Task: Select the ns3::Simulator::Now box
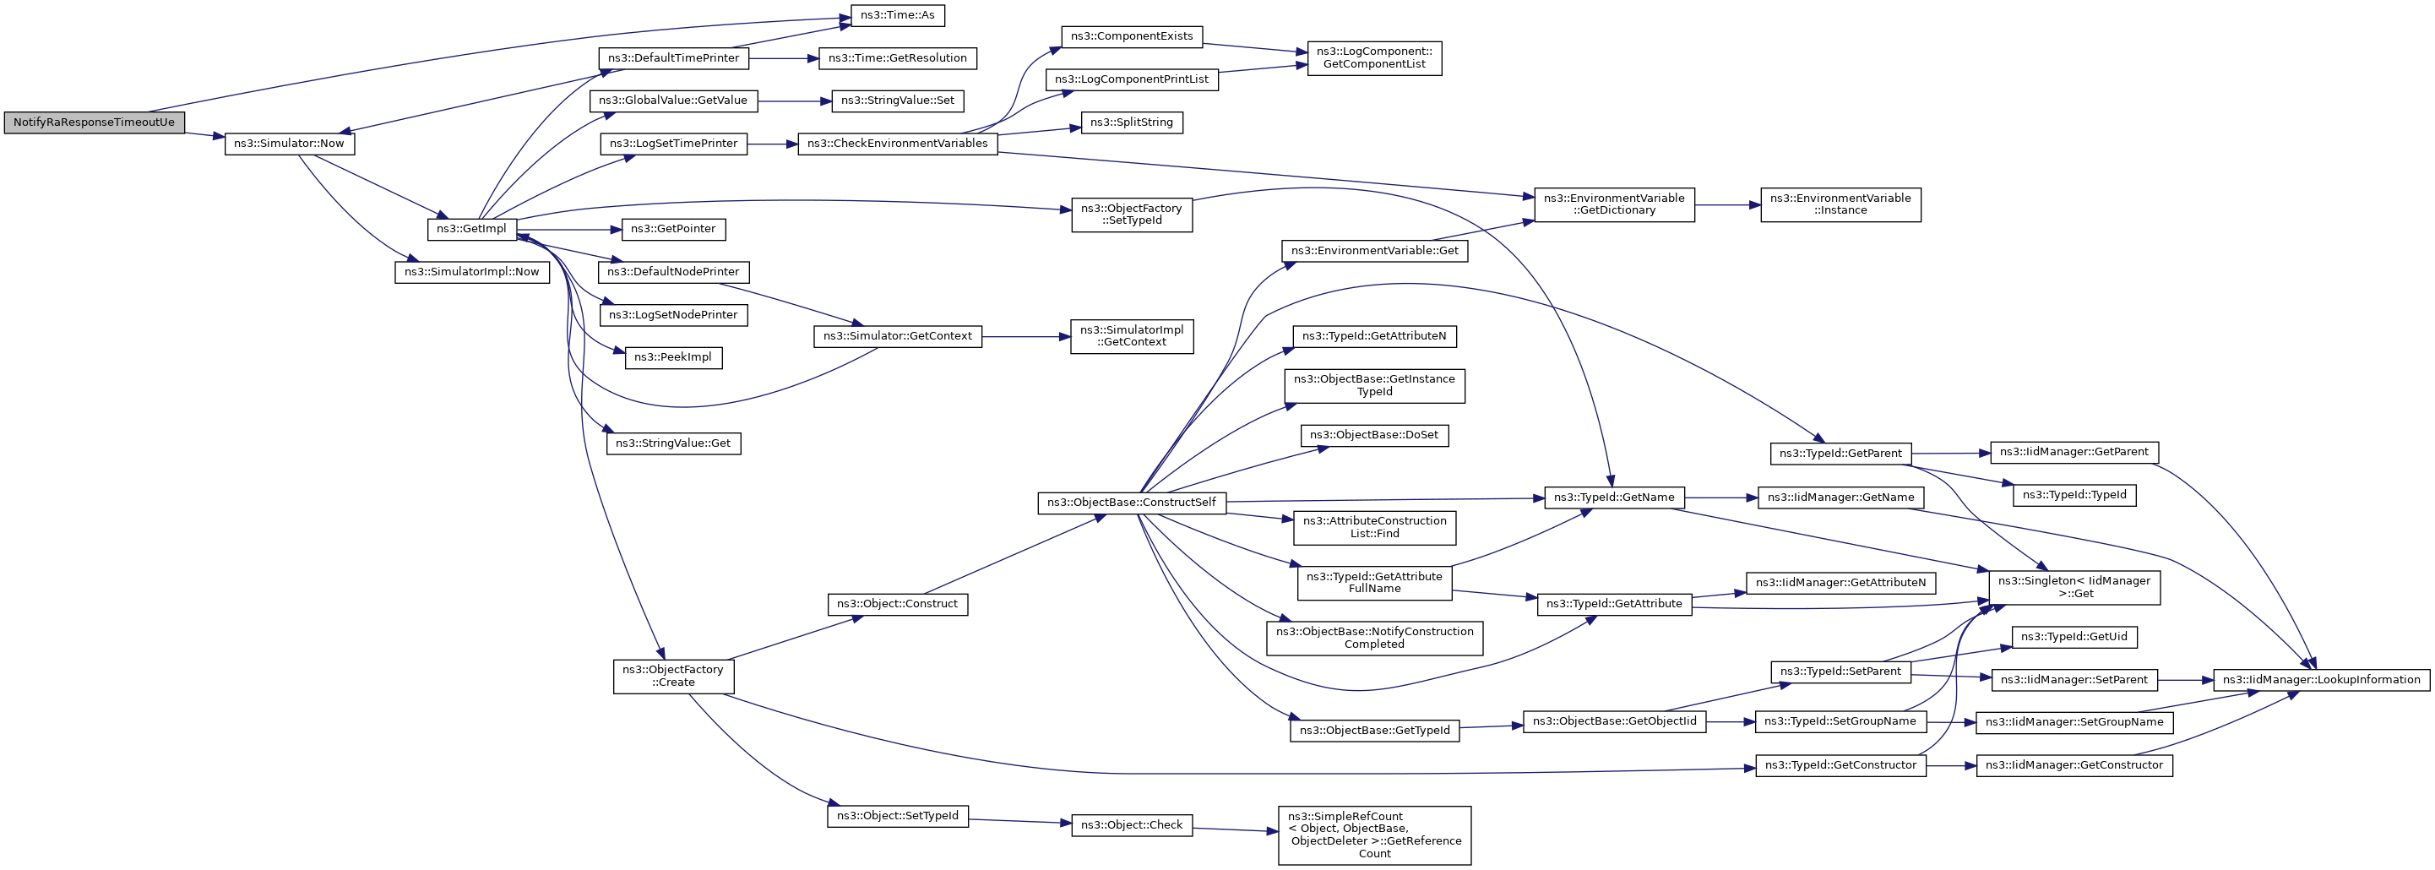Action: pos(289,144)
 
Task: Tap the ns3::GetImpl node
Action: pos(471,229)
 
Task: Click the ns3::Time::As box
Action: pos(897,16)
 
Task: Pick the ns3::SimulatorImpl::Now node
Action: pos(471,272)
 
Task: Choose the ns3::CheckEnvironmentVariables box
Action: pos(897,144)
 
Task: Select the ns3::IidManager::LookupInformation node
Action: pos(2321,680)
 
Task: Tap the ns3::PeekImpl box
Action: pos(673,358)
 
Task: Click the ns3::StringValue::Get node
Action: pos(673,443)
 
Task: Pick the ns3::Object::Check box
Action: pos(1132,825)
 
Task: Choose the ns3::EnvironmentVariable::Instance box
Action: pos(1840,204)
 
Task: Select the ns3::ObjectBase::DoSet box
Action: pos(1373,436)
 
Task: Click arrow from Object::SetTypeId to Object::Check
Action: pos(1019,821)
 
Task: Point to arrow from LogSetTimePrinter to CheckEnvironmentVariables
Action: pos(772,144)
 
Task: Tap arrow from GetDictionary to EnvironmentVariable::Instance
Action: pos(1727,204)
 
